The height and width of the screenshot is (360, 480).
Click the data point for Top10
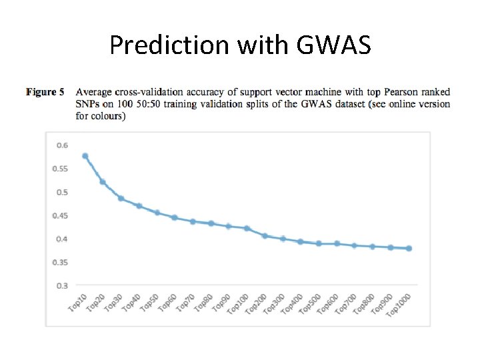click(x=85, y=156)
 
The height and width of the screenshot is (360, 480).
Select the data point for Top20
click(x=103, y=181)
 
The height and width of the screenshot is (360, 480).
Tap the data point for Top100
click(x=247, y=228)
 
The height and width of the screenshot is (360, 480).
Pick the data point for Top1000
click(x=409, y=248)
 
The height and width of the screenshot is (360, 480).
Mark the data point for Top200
click(x=265, y=235)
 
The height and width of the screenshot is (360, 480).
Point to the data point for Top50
click(x=157, y=213)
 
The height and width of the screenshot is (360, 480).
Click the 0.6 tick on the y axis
click(x=61, y=145)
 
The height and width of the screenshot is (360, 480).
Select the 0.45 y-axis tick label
click(x=60, y=215)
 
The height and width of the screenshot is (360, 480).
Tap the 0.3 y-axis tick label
click(x=61, y=285)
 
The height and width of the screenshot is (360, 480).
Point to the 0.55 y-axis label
click(x=60, y=168)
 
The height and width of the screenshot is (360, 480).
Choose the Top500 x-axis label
click(x=309, y=305)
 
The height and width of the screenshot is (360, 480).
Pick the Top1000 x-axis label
click(x=397, y=306)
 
